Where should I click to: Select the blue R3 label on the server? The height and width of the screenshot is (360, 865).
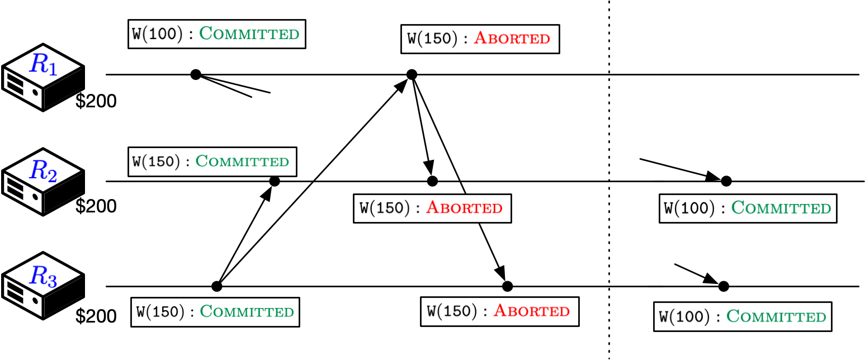pos(43,276)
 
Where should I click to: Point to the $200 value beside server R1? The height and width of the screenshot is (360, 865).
pos(96,102)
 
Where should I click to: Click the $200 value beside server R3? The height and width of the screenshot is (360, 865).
pos(96,316)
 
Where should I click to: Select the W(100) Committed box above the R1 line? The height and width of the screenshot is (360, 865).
pos(217,34)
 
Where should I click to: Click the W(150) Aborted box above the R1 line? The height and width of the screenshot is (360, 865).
pos(480,39)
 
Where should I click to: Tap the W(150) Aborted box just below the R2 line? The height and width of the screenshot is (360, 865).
pos(432,209)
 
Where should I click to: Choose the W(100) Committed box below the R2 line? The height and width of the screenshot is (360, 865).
pos(748,209)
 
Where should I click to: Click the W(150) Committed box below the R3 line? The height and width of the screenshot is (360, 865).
pos(215,311)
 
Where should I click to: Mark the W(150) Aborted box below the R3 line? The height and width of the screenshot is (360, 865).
pos(499,311)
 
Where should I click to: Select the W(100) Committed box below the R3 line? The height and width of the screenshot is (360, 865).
pos(743,317)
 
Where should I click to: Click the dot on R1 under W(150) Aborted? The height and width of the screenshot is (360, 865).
pos(412,74)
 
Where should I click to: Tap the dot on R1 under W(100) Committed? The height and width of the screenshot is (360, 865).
pos(195,74)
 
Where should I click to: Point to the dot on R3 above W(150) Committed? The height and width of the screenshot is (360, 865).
pos(217,286)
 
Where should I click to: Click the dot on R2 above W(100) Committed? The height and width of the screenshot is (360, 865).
pos(726,181)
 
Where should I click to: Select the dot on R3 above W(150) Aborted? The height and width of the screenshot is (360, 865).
pos(507,286)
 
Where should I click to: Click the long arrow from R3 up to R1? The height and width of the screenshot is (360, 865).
pos(313,181)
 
